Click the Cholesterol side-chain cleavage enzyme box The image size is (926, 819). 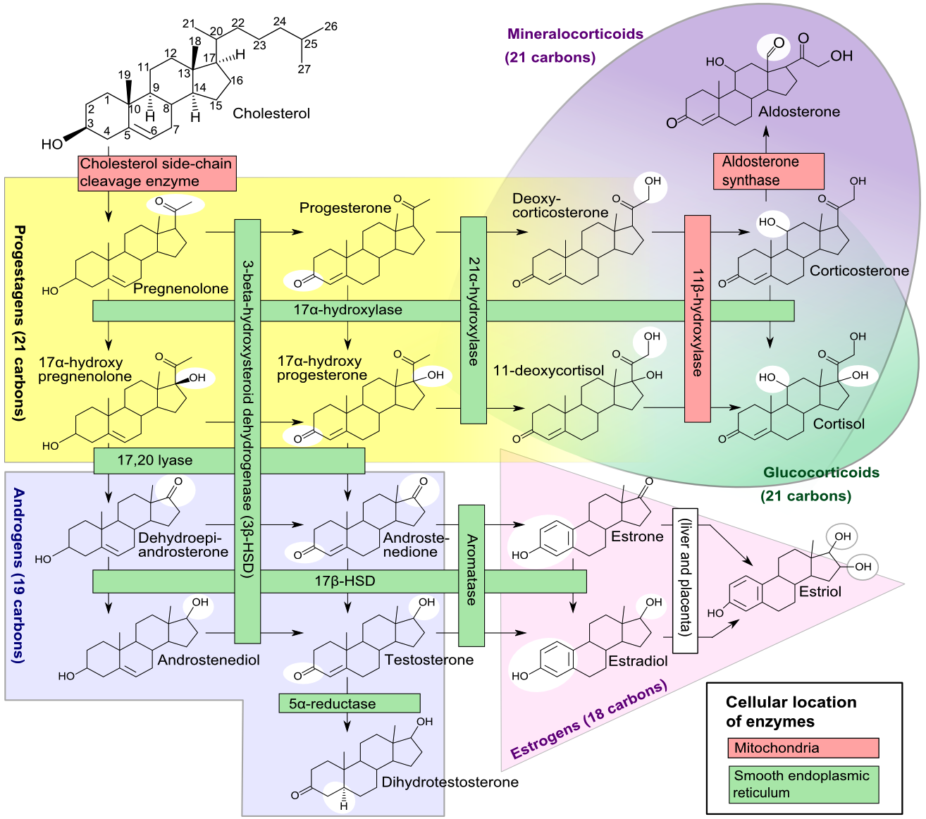coord(156,173)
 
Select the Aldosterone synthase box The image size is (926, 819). coord(768,171)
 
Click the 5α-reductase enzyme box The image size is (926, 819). coord(349,703)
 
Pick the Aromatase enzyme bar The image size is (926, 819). coord(471,575)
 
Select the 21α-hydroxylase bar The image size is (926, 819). coord(474,320)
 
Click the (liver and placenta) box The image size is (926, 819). coord(685,581)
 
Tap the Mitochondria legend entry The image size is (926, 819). coord(803,748)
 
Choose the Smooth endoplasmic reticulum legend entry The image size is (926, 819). coord(803,784)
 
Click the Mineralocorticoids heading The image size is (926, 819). coord(575,34)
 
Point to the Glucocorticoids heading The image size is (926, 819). coord(821,473)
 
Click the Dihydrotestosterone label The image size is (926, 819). coord(450,782)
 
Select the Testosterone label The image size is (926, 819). coord(428,660)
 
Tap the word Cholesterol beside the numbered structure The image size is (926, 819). coord(271,113)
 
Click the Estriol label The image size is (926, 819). coord(820,591)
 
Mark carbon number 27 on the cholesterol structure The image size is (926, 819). coord(304,69)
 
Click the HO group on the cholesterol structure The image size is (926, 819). coord(52,144)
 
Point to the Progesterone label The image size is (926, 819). coord(345,208)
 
